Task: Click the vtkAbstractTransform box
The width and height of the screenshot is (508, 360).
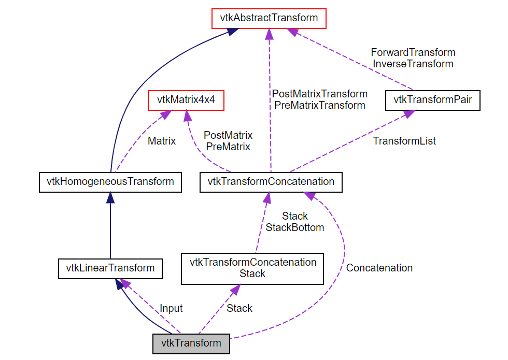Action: coord(269,18)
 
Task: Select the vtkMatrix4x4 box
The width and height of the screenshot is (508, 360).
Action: coord(186,99)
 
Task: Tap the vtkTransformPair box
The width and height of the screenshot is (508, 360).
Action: coord(433,99)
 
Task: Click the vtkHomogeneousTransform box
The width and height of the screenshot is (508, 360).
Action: coord(110,182)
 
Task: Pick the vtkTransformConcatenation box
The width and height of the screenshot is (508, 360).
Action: coord(271,182)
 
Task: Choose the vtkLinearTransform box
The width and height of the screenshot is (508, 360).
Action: coord(110,268)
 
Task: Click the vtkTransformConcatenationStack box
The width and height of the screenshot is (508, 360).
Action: coord(252,268)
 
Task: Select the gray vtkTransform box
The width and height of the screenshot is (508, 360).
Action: coord(191,343)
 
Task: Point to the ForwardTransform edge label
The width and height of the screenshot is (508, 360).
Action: coord(413,52)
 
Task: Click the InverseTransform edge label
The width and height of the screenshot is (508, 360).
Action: coord(413,64)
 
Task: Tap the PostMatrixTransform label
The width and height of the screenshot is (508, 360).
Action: coord(319,94)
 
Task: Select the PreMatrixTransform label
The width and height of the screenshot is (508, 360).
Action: coord(319,105)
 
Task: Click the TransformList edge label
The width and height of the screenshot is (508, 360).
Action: coord(404,141)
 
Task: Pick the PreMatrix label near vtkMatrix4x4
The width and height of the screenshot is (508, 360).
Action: coord(228,147)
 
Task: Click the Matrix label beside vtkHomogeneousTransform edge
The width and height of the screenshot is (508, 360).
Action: coord(162,141)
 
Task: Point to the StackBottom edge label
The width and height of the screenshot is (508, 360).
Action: coord(294,227)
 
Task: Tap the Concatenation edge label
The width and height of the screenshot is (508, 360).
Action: coord(379,268)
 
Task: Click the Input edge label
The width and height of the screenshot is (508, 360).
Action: coord(171,308)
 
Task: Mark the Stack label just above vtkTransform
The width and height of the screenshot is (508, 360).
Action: coord(239,308)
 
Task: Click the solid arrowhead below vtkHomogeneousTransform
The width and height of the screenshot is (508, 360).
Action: coord(110,197)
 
